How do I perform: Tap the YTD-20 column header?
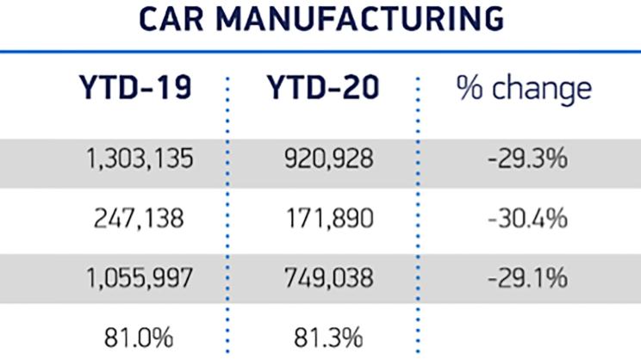(321, 90)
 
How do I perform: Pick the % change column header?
(524, 90)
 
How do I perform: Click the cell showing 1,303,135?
(140, 161)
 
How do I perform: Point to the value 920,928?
(327, 161)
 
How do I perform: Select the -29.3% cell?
(525, 161)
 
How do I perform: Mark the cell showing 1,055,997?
(140, 277)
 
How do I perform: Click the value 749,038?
(327, 277)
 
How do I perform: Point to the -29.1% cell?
(525, 277)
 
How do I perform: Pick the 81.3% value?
(328, 334)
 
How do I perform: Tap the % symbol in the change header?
(470, 90)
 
